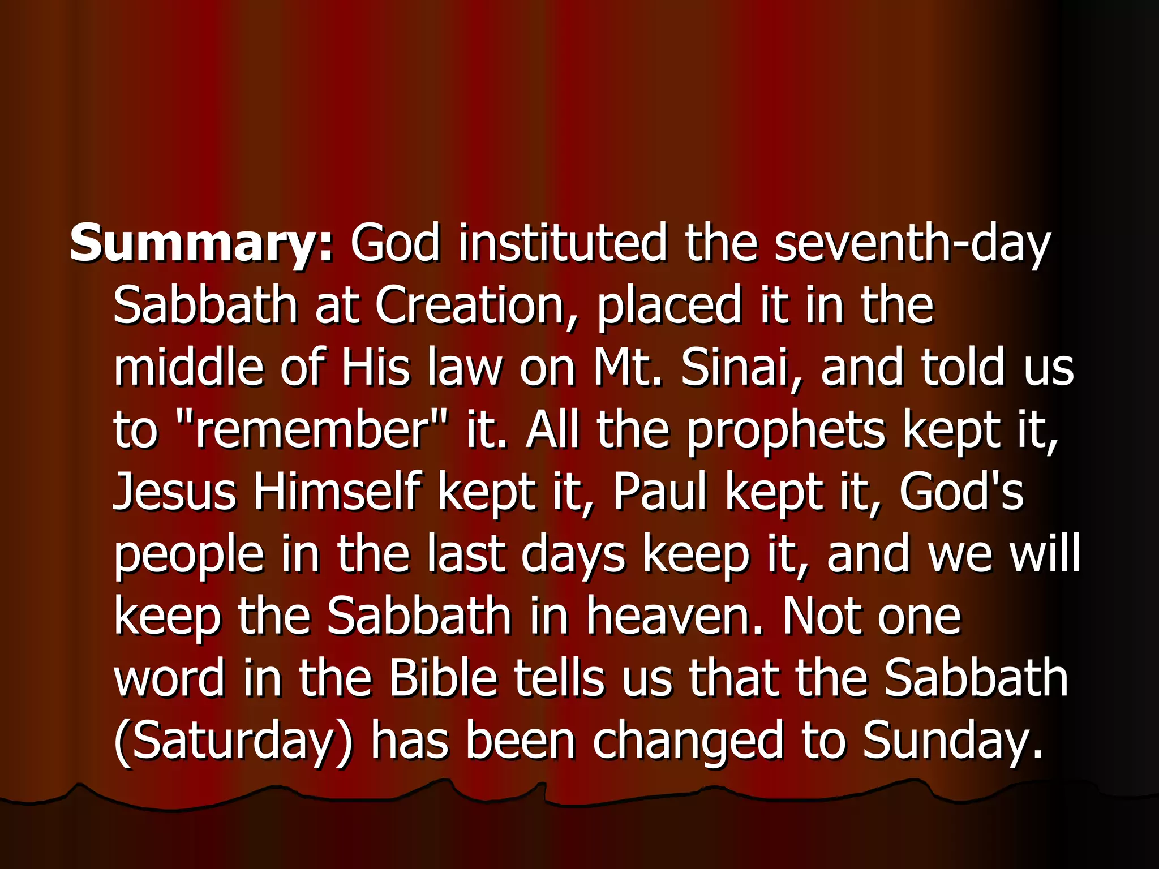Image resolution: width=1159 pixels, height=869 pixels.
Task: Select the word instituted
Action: pos(563,243)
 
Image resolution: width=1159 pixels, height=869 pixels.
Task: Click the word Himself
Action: pos(337,491)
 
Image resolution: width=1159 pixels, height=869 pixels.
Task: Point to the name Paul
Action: pos(660,491)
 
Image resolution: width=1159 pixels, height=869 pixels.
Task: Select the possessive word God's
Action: pos(961,491)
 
